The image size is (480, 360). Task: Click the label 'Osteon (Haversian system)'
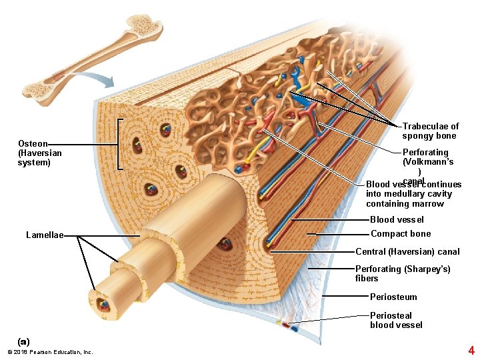39,153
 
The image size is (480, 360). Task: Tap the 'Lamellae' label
44,235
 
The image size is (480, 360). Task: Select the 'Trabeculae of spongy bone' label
430,131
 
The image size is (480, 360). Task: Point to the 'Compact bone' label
400,234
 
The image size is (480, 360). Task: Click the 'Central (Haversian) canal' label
407,252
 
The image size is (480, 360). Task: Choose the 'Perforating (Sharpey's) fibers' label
403,273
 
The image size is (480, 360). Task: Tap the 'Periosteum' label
393,297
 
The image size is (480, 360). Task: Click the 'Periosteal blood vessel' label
396,320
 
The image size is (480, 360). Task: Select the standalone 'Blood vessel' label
397,220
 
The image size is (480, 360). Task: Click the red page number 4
471,350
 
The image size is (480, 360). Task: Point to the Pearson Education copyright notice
49,352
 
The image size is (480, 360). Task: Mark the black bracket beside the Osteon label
121,145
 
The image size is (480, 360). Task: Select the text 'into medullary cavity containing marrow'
409,199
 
